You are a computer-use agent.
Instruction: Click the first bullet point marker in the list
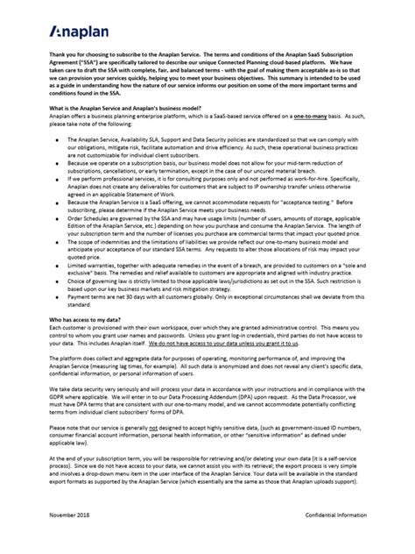coord(58,164)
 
